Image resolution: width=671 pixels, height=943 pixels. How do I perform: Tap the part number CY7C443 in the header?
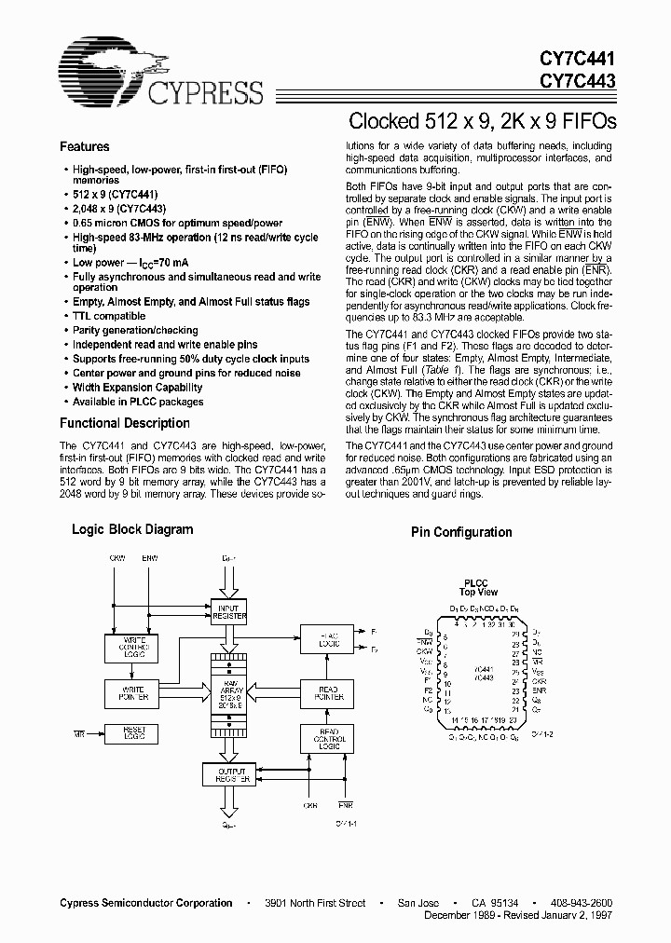pos(578,81)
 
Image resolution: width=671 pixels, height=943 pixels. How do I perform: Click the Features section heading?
pos(84,146)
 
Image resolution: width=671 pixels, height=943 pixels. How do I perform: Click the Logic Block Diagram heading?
pos(133,529)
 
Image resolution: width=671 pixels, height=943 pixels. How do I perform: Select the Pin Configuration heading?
pos(461,532)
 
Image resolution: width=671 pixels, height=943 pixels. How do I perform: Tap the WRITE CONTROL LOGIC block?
pos(132,647)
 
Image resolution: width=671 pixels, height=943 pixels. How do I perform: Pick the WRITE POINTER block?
pos(132,692)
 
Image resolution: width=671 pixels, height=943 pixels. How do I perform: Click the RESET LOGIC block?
pos(132,735)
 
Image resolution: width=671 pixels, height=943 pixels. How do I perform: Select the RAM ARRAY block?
pos(228,693)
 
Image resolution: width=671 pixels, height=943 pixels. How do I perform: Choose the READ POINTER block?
pos(325,692)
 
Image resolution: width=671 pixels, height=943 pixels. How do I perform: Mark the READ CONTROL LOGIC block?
pos(325,739)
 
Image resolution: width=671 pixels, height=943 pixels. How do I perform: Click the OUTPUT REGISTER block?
pos(227,774)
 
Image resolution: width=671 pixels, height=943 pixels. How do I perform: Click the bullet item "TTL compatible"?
pos(109,316)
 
